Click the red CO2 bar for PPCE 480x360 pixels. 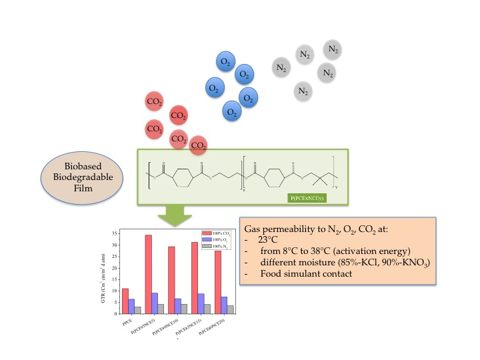[x=125, y=301]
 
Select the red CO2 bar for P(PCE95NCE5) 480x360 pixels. [x=148, y=274]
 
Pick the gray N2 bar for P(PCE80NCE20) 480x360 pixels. [x=230, y=309]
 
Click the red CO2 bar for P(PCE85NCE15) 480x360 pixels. [x=195, y=277]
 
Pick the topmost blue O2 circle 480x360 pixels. [x=225, y=62]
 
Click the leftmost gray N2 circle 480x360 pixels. [x=282, y=67]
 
